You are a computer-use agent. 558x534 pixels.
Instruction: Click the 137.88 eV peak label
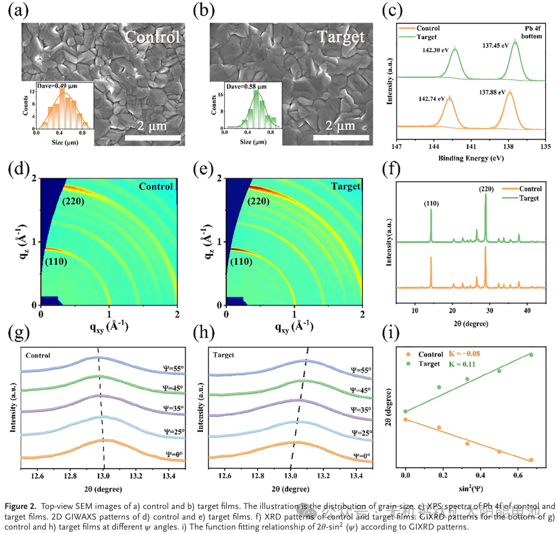tap(491, 92)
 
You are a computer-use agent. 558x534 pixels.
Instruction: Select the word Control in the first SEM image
tap(152, 37)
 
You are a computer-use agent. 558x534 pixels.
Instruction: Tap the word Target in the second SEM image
tap(340, 37)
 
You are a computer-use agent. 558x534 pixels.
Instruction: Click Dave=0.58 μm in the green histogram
tap(247, 86)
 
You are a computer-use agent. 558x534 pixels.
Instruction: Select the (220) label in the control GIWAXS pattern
tap(73, 201)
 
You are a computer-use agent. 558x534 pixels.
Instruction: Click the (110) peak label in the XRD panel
tap(430, 204)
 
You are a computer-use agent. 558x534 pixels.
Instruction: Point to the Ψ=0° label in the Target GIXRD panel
tap(361, 456)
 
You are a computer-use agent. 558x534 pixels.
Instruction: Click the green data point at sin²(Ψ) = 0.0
tap(406, 412)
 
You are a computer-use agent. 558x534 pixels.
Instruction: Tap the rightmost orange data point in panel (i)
tap(531, 460)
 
